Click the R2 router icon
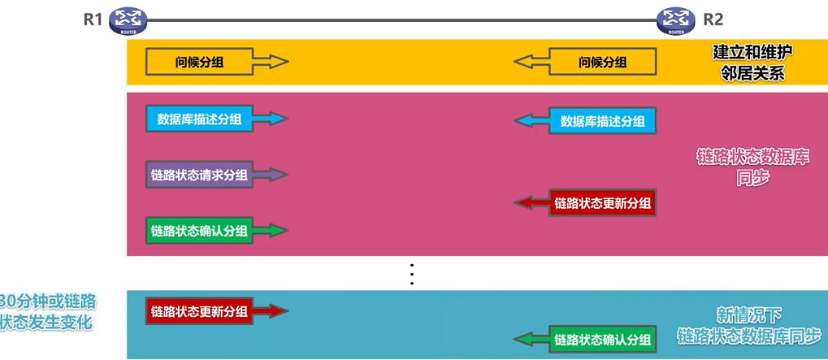(x=674, y=19)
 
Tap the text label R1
(x=93, y=20)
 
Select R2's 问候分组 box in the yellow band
(x=602, y=62)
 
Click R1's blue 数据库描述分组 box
(x=199, y=119)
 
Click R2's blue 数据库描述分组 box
(x=602, y=121)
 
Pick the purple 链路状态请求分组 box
(x=199, y=174)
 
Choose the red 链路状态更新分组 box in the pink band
(x=602, y=202)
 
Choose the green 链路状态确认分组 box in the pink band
(x=199, y=230)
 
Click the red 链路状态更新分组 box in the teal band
(x=199, y=310)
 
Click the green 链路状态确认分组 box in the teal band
(x=602, y=339)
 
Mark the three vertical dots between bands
(x=412, y=275)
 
